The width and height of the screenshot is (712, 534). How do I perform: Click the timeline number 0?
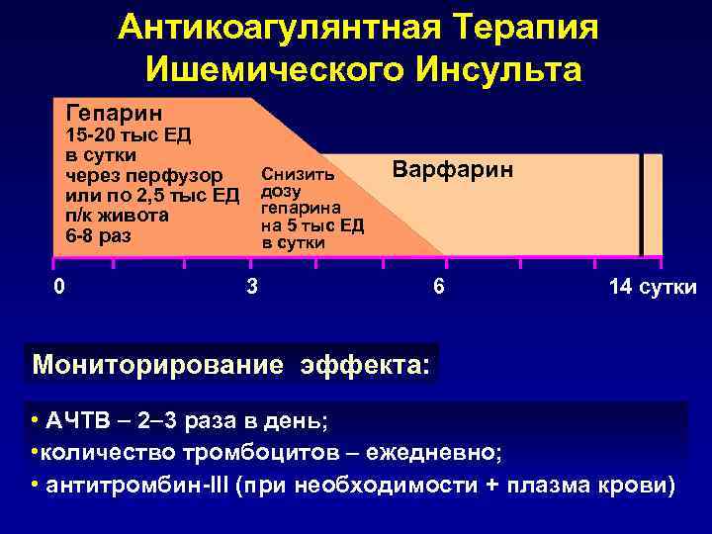coord(60,287)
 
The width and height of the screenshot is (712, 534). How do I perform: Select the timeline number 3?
coord(252,288)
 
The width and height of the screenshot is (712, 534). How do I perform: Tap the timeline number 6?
coord(438,288)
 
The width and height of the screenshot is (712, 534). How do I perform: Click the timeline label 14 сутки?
coord(654,288)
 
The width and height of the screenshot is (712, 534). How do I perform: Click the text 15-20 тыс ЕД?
coord(128,135)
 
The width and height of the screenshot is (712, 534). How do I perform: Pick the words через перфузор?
coord(143,176)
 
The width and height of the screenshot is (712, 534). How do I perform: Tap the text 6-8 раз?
coord(98,236)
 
